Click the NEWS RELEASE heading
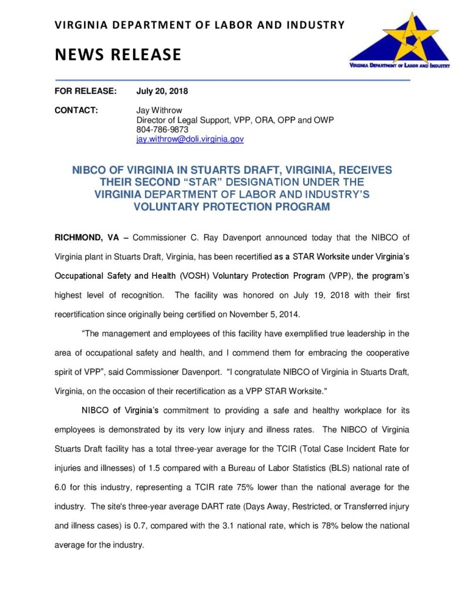(x=118, y=55)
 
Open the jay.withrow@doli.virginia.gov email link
(x=189, y=139)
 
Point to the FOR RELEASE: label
(x=86, y=92)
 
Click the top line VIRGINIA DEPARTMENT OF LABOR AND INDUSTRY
(x=199, y=25)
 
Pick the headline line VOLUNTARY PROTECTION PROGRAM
(x=232, y=207)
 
